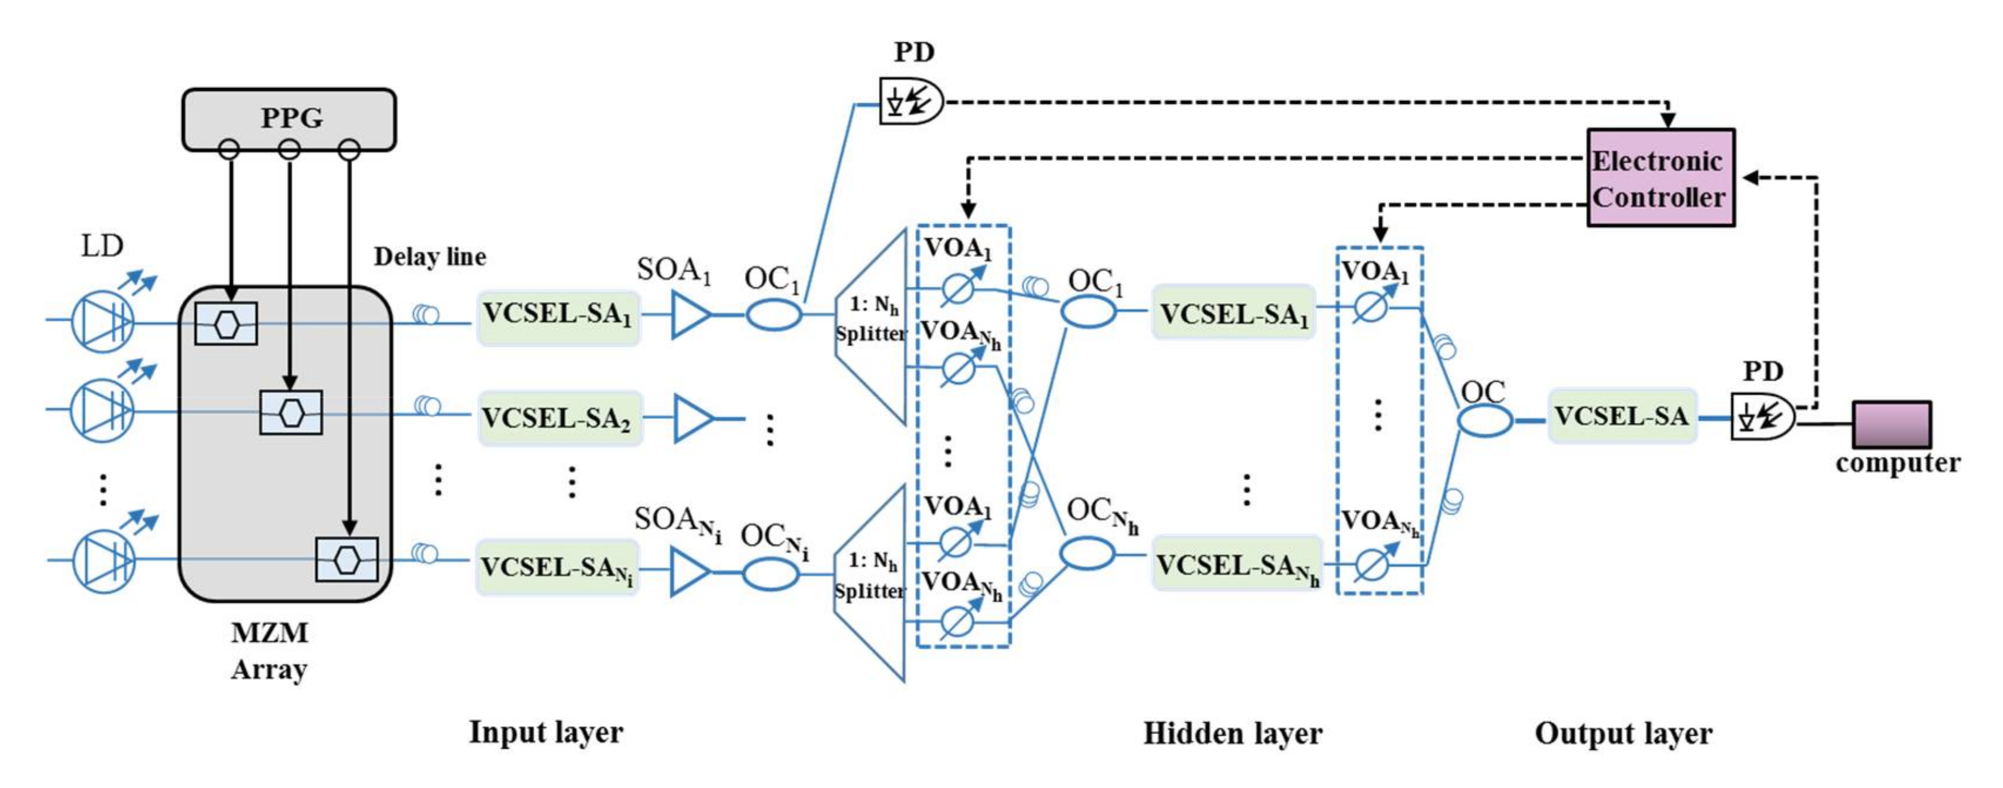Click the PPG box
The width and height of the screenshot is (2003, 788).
(x=289, y=118)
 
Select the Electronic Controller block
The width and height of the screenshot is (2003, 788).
(x=1660, y=178)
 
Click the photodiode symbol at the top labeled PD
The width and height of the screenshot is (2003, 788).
(x=910, y=101)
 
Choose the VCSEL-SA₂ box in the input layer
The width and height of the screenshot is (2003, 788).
(x=559, y=418)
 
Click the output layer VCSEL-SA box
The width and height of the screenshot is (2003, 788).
(x=1622, y=416)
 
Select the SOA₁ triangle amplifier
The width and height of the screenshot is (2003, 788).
(x=689, y=315)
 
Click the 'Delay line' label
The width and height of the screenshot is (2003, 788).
(x=430, y=257)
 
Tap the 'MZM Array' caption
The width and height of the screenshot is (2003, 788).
(x=270, y=651)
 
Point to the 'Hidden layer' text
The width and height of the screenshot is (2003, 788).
(x=1232, y=733)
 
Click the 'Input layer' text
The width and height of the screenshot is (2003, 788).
(x=546, y=731)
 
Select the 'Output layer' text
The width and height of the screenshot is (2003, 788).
(x=1624, y=733)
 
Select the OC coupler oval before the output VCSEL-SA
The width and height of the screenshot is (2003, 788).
(x=1484, y=420)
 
